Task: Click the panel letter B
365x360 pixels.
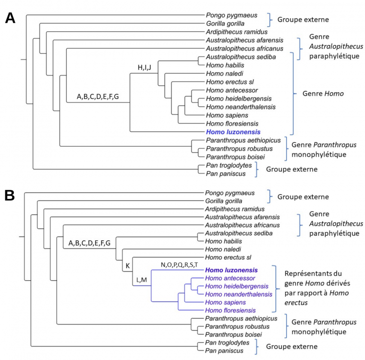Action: point(10,196)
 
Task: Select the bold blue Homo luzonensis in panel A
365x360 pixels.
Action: point(233,132)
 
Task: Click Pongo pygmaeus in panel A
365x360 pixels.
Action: point(229,15)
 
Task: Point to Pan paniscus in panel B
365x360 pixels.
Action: point(225,350)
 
